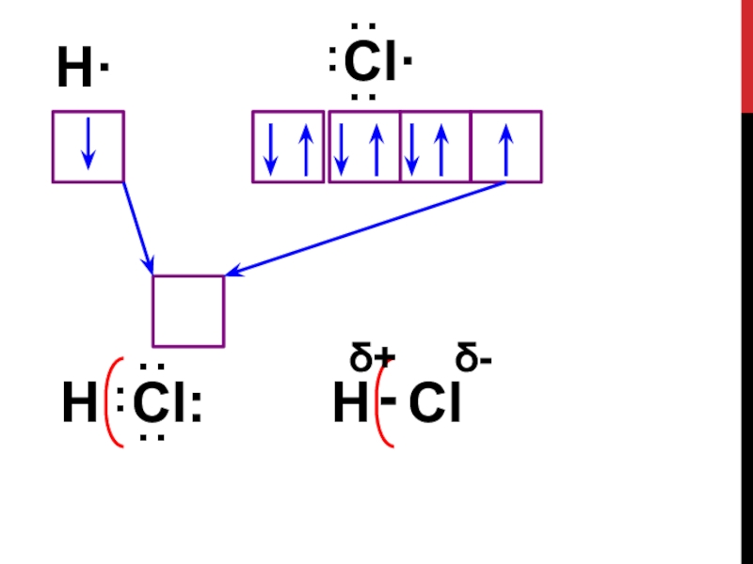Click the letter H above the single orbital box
pyautogui.click(x=74, y=71)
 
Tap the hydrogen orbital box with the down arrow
pyautogui.click(x=88, y=147)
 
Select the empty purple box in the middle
pyautogui.click(x=188, y=311)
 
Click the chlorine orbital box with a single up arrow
pyautogui.click(x=506, y=147)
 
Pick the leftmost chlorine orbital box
pyautogui.click(x=288, y=147)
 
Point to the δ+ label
pyautogui.click(x=372, y=359)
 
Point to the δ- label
pyautogui.click(x=475, y=359)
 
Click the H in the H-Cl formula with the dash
pyautogui.click(x=350, y=406)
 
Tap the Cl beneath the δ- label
pyautogui.click(x=435, y=406)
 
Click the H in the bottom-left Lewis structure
pyautogui.click(x=79, y=406)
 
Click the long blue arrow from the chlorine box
pyautogui.click(x=367, y=227)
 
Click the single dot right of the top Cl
pyautogui.click(x=409, y=63)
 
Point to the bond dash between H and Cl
pyautogui.click(x=387, y=400)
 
